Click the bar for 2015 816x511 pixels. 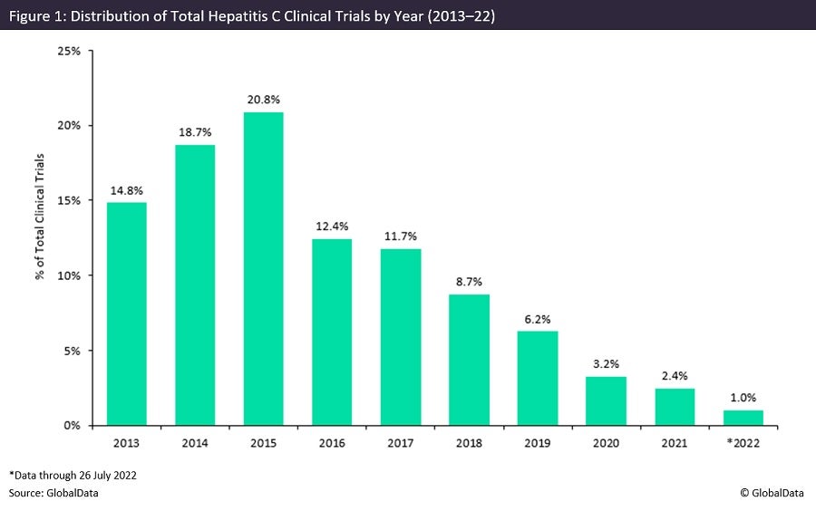tap(263, 268)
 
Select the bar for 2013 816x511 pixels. tap(126, 313)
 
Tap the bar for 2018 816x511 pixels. tap(468, 359)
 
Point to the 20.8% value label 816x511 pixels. tap(263, 98)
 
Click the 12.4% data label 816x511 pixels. tap(332, 225)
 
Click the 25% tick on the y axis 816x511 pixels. tap(69, 51)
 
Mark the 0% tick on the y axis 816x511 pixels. tap(72, 425)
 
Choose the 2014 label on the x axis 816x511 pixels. tap(195, 444)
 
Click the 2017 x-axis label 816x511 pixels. tap(400, 444)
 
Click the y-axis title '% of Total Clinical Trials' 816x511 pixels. tap(41, 237)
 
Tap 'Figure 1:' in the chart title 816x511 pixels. tap(37, 14)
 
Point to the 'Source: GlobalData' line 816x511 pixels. tap(53, 492)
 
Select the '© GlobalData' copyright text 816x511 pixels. tap(772, 492)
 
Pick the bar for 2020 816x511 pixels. tap(605, 400)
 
